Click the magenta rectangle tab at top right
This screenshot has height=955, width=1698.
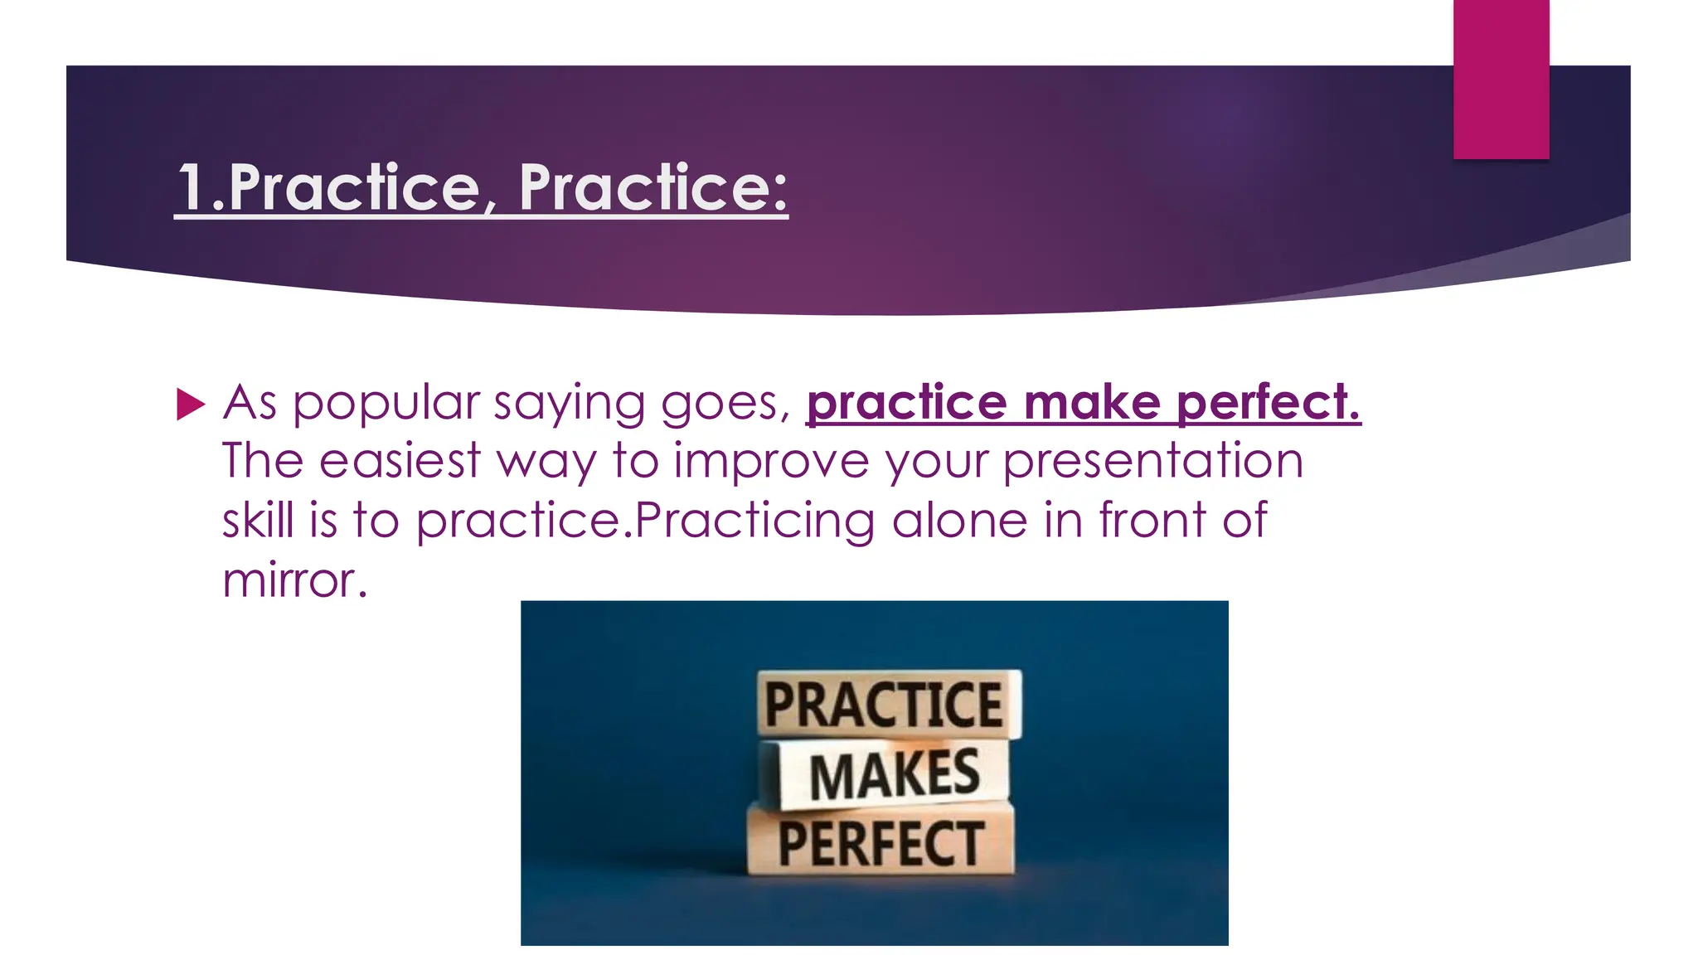point(1501,79)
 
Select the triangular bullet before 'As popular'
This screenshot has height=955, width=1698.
point(191,405)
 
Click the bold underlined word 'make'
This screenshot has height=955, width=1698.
point(1091,404)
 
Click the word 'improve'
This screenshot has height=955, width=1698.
point(771,461)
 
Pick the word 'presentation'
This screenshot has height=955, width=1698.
point(1152,463)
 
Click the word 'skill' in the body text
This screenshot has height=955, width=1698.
point(258,521)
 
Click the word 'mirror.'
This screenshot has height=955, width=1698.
point(294,580)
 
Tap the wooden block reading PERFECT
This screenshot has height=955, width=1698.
point(881,843)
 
